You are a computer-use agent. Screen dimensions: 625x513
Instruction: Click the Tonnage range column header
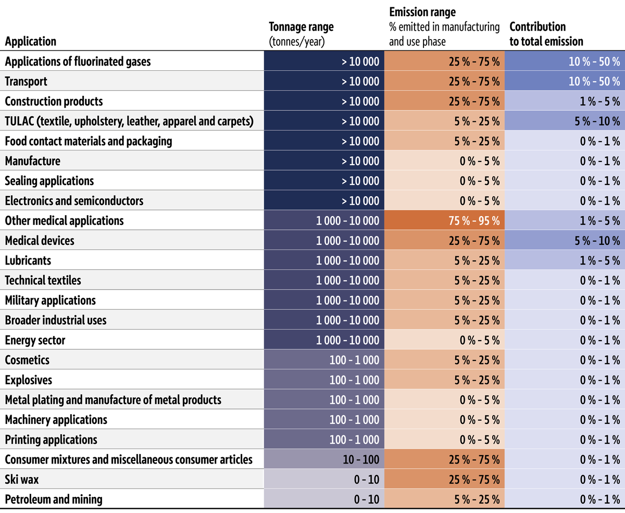tap(301, 34)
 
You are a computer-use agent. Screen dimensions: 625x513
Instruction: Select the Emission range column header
tap(444, 27)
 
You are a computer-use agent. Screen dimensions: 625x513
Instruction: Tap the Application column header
tap(31, 41)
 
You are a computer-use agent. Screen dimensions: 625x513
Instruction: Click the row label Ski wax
tap(22, 479)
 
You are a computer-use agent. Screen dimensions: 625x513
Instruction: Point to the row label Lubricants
tap(28, 260)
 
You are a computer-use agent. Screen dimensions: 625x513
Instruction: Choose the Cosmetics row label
tap(27, 360)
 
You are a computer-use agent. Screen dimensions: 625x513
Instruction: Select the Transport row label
tap(26, 81)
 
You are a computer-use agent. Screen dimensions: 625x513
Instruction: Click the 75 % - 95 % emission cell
tap(444, 220)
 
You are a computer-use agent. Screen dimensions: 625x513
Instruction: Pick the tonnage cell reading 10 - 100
tap(324, 459)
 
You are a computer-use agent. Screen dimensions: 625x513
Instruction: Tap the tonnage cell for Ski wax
tap(324, 479)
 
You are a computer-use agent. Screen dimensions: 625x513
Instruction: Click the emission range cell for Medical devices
tap(444, 240)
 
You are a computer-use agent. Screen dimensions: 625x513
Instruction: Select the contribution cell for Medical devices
tap(565, 240)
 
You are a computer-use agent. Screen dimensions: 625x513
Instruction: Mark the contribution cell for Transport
tap(565, 81)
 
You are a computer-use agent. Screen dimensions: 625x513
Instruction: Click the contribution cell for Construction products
tap(565, 101)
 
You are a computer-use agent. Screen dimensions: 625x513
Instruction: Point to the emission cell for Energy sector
tap(444, 340)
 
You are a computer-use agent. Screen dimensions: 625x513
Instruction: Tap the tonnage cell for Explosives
tap(324, 380)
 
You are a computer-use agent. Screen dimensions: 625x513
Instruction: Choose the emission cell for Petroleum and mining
tap(444, 499)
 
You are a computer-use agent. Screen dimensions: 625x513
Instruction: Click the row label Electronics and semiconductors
tap(74, 201)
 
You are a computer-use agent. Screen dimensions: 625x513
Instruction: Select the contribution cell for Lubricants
tap(565, 260)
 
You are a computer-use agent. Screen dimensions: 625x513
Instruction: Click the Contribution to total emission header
tap(546, 34)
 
